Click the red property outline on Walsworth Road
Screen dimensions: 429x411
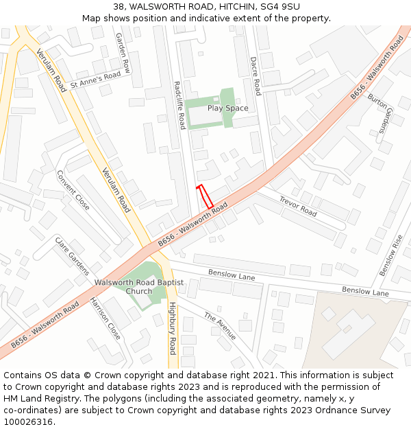tap(205, 197)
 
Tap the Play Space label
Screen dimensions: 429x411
tap(228, 108)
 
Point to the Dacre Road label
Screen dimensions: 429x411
tap(256, 76)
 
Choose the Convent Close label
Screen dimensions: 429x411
tap(73, 189)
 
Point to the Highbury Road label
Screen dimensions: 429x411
tap(173, 323)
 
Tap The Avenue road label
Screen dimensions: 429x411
tap(219, 326)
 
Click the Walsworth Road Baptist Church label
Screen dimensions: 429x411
tap(139, 286)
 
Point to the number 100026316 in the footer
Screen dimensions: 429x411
tap(27, 421)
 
